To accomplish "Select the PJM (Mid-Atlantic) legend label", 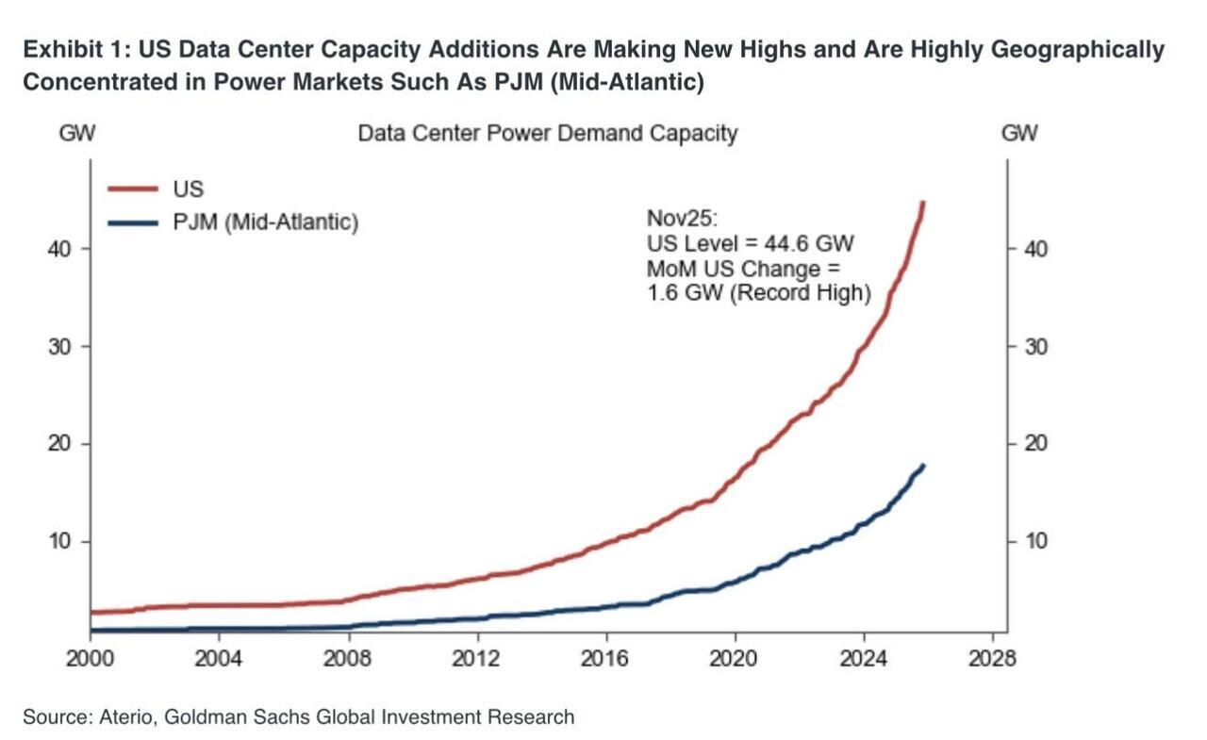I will pos(267,223).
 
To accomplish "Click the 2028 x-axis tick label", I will pos(991,658).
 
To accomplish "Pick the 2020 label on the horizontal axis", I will pos(734,658).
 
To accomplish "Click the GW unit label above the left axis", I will pos(77,133).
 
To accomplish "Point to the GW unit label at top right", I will pos(1019,133).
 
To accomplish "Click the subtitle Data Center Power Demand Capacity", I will pos(547,133).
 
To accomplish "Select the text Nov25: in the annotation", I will pos(682,219).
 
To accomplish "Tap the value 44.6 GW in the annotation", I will pos(810,244).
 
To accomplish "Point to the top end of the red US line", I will pos(923,202).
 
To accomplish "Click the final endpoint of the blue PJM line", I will pos(924,465).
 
